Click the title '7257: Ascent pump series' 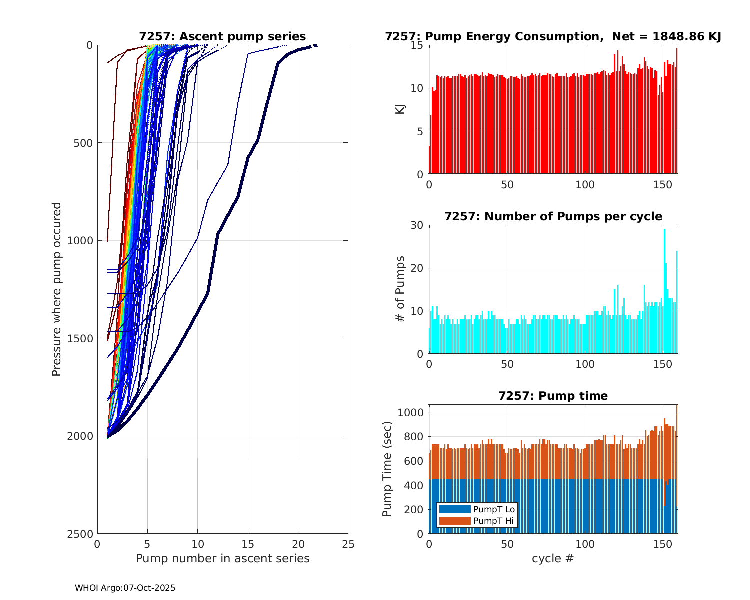222,36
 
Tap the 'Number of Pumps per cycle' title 553,216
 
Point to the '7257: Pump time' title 553,396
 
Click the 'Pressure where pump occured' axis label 57,289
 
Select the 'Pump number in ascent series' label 222,558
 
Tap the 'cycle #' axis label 553,558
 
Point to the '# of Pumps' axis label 400,289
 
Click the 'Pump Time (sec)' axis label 387,469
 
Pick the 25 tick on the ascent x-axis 348,544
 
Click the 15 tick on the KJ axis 417,45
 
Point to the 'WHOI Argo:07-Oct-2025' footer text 125,588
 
